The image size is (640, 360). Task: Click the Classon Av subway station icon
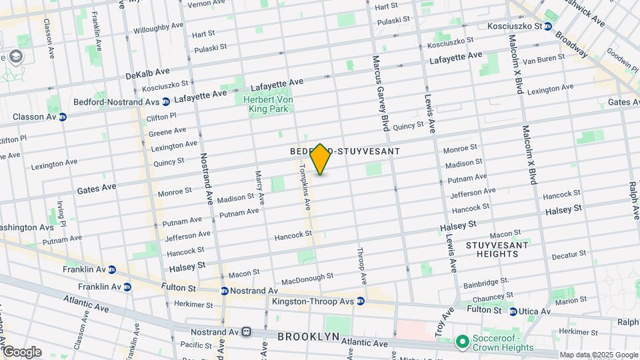coord(63,117)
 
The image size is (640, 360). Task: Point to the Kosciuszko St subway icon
coord(547,27)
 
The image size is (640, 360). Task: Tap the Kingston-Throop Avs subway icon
coord(361,301)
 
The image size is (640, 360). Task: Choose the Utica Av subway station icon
coord(513,311)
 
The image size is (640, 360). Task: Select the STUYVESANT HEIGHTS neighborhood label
coord(497,250)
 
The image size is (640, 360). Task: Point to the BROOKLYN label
coord(309,337)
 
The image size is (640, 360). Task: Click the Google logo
coord(22,351)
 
